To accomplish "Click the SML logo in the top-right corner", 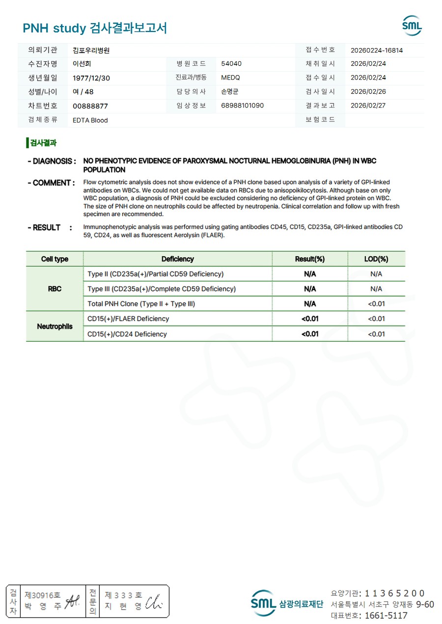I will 412,26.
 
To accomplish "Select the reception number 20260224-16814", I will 377,50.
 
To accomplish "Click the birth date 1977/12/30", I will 91,78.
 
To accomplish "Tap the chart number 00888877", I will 90,106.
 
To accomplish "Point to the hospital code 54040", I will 231,64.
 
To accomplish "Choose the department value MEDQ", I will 230,78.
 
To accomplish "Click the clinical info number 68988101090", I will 243,106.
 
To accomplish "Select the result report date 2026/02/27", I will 368,106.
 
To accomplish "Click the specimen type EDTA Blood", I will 90,120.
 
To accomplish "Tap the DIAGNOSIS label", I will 52,161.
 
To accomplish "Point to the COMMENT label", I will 51,183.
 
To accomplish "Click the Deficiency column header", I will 177,259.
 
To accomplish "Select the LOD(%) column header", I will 376,259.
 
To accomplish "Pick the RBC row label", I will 55,289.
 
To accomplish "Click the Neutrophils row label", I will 55,326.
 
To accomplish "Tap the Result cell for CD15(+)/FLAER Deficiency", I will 310,319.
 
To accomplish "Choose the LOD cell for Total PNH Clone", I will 376,304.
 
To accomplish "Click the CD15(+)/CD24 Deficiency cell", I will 127,334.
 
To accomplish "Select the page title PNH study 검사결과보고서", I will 95,28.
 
